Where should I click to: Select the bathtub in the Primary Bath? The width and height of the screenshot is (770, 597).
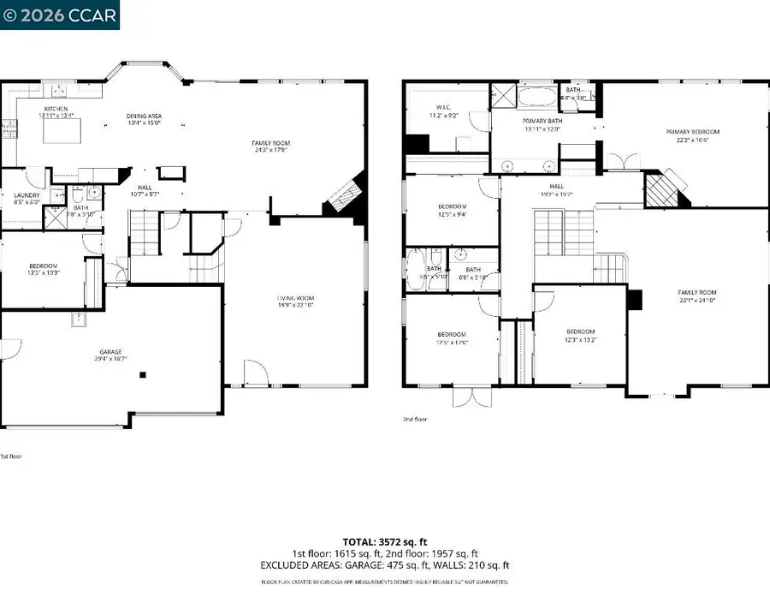pyautogui.click(x=536, y=95)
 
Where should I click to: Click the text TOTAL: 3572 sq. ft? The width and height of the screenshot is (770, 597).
pyautogui.click(x=385, y=541)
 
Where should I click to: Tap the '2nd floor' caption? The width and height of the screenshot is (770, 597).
pyautogui.click(x=415, y=420)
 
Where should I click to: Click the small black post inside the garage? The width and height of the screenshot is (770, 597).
pyautogui.click(x=144, y=374)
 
